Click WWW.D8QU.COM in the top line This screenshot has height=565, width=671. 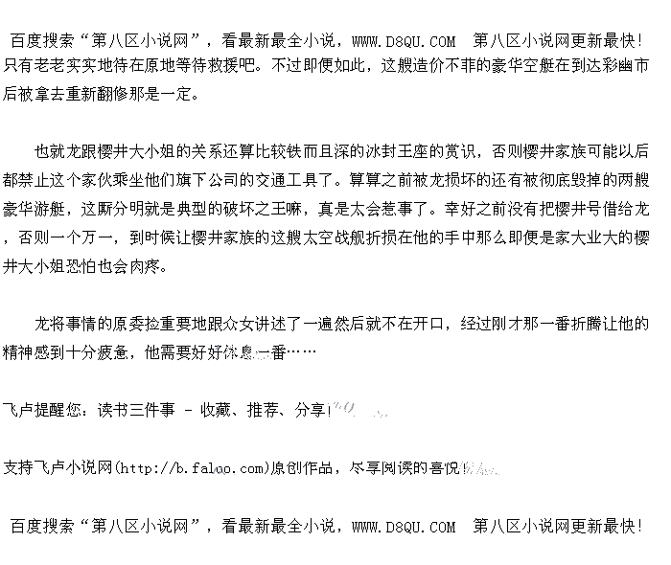[404, 41]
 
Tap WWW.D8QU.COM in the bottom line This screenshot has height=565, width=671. [404, 526]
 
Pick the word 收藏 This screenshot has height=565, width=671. [215, 410]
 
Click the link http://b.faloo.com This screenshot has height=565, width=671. [191, 468]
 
